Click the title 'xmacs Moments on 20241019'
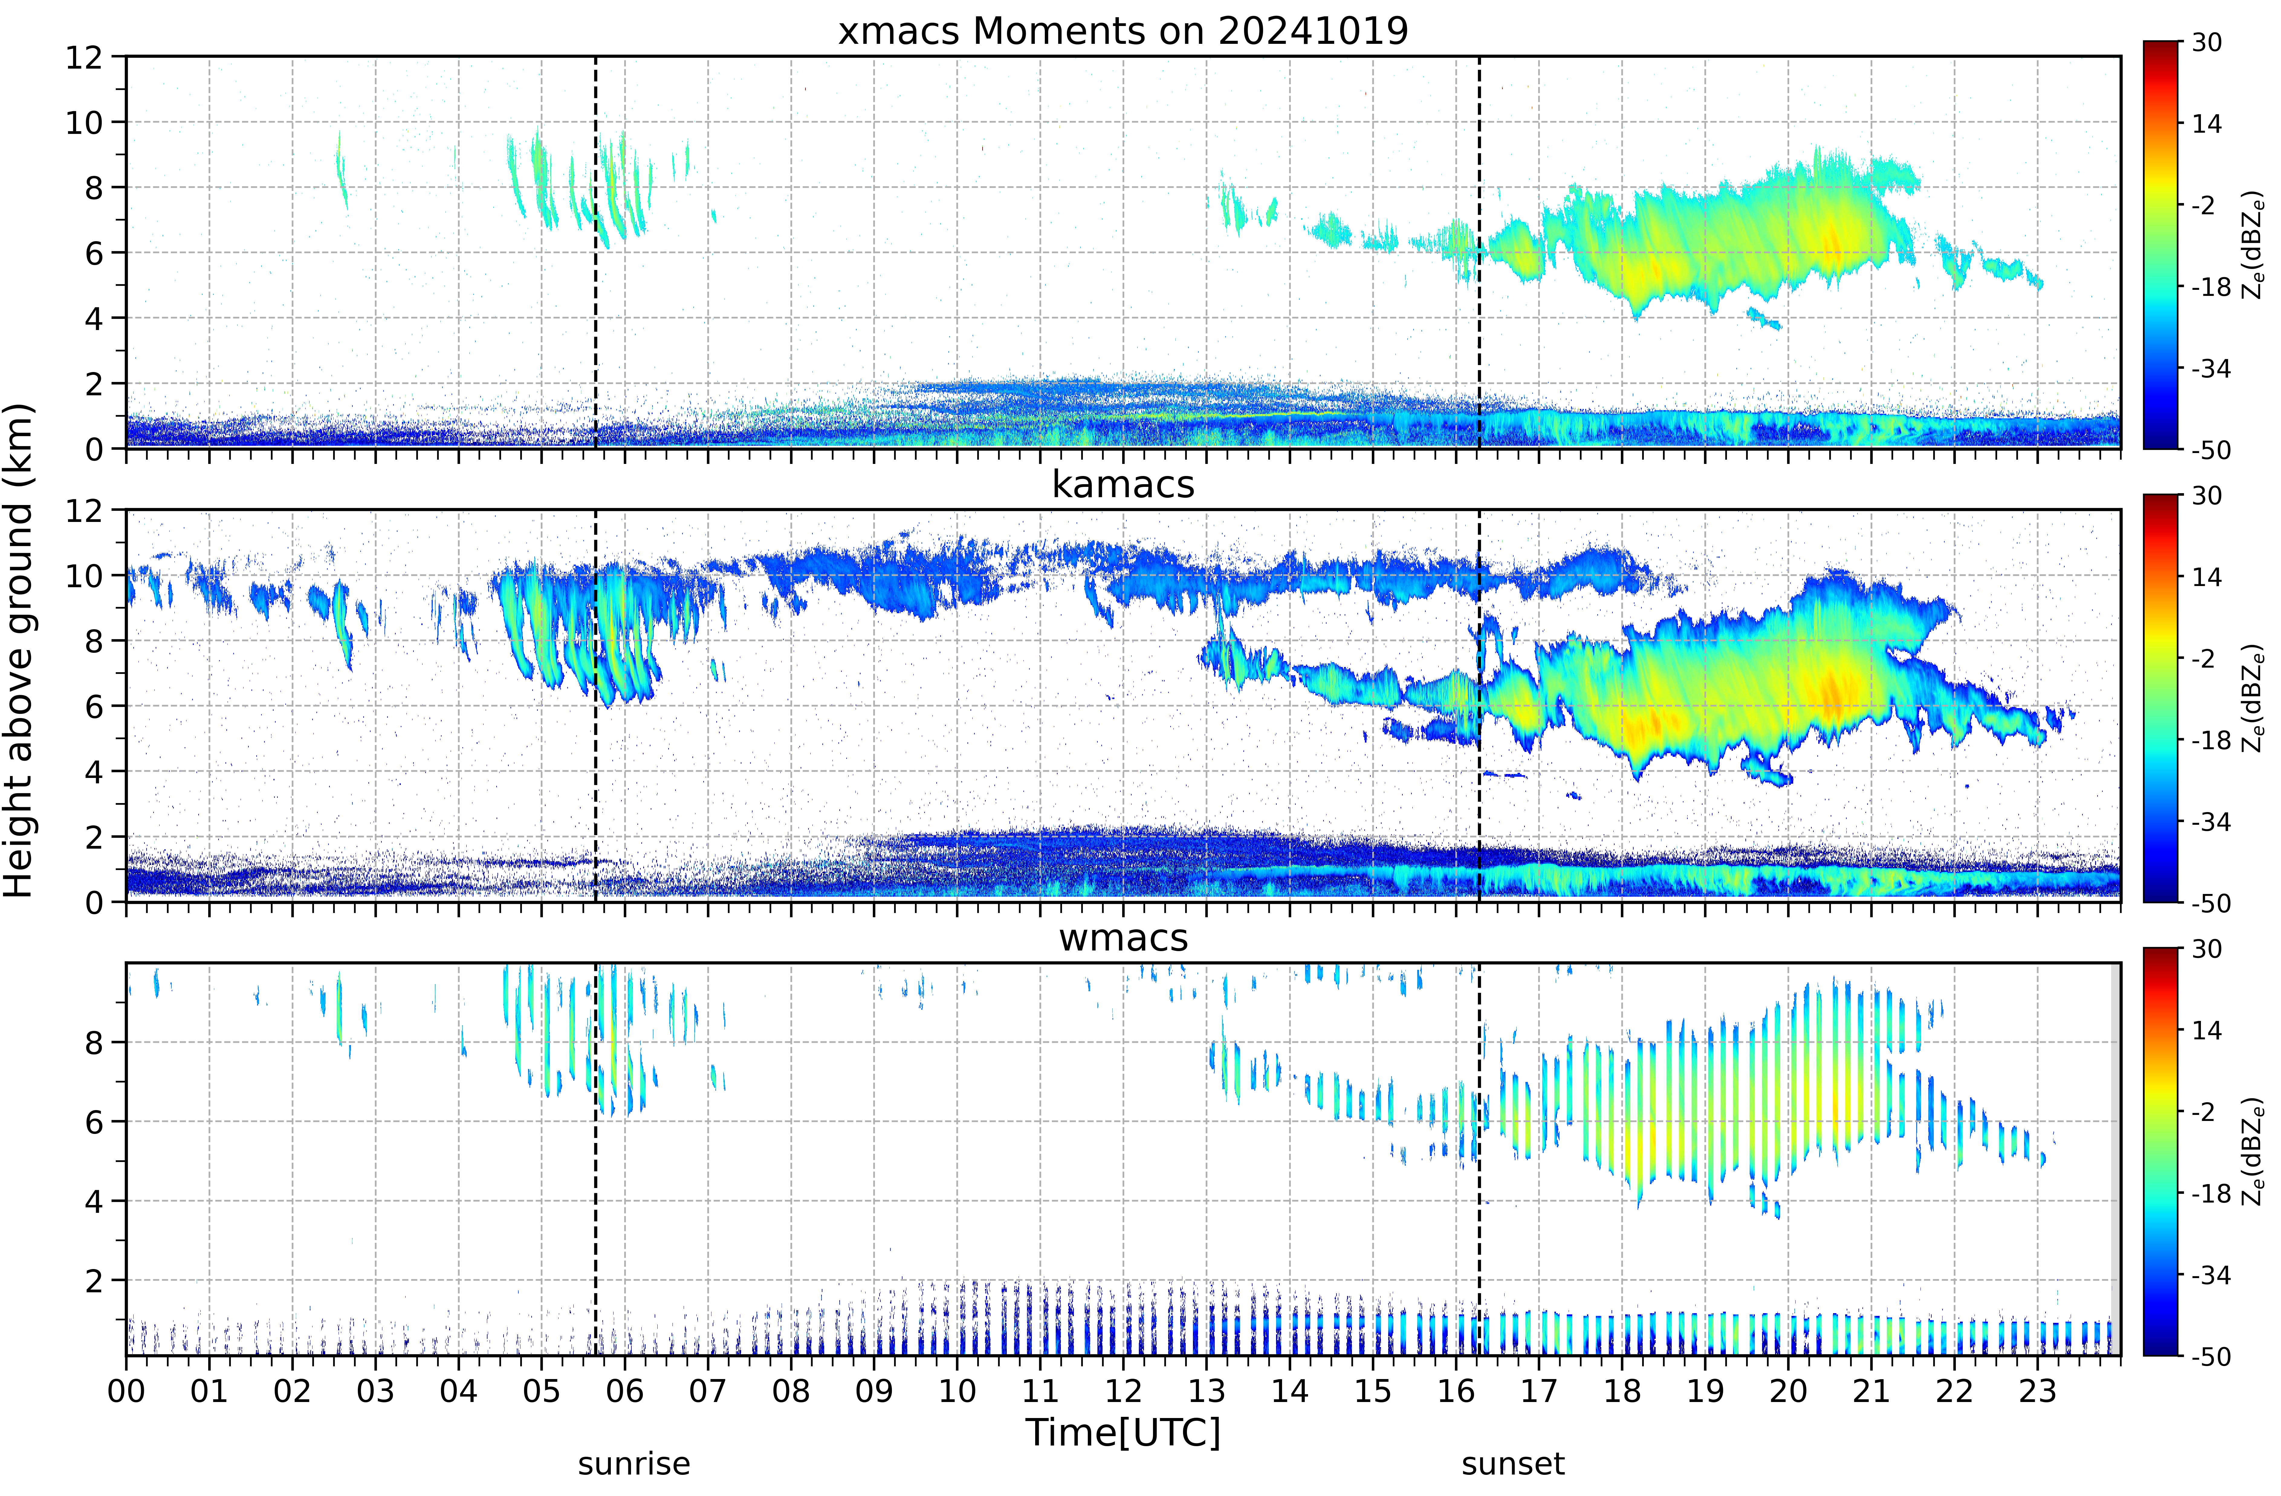tap(1123, 31)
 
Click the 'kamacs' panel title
tap(1123, 485)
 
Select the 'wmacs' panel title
tap(1123, 938)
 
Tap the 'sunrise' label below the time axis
tap(633, 1464)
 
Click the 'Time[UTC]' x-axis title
tap(1123, 1433)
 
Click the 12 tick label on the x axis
tap(1123, 1391)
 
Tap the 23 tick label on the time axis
tap(2038, 1391)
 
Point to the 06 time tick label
tap(625, 1391)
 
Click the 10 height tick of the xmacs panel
tap(84, 123)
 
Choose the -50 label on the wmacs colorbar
tap(2212, 1356)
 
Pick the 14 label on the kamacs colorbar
tap(2207, 577)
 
